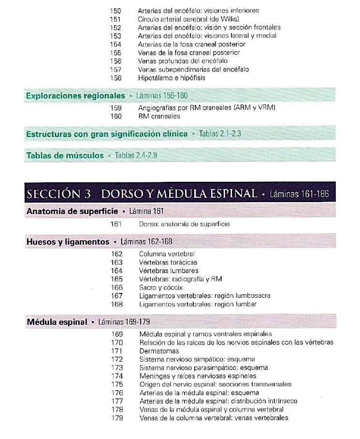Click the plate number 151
click(x=116, y=19)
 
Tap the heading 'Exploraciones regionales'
click(x=75, y=96)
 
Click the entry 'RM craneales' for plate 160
click(x=159, y=116)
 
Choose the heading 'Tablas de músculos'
click(x=65, y=155)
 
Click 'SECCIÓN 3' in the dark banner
click(x=59, y=194)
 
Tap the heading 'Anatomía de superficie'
click(x=72, y=211)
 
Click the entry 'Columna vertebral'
click(x=167, y=253)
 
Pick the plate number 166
click(x=116, y=287)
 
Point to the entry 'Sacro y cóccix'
click(x=160, y=287)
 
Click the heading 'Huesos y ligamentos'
click(x=68, y=241)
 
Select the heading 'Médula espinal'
click(x=57, y=322)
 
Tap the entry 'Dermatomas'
click(x=159, y=351)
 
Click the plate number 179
click(x=116, y=418)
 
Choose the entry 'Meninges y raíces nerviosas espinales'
click(x=198, y=376)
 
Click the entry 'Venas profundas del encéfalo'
click(x=182, y=61)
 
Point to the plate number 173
click(x=116, y=367)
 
